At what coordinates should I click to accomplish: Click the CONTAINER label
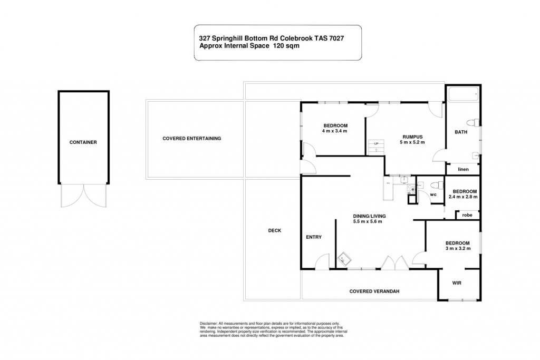pyautogui.click(x=83, y=142)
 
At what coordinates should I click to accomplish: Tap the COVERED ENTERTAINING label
pyautogui.click(x=191, y=138)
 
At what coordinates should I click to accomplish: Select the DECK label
pyautogui.click(x=274, y=230)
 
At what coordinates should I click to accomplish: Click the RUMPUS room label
pyautogui.click(x=412, y=137)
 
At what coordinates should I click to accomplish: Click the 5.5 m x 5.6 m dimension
pyautogui.click(x=368, y=222)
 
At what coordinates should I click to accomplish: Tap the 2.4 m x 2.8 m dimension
pyautogui.click(x=463, y=197)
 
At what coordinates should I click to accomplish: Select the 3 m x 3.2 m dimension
pyautogui.click(x=458, y=248)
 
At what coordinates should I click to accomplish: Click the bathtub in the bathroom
pyautogui.click(x=463, y=94)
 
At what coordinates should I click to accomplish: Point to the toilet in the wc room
pyautogui.click(x=437, y=185)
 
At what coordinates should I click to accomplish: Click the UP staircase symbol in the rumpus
pyautogui.click(x=376, y=147)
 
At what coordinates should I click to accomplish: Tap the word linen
pyautogui.click(x=463, y=169)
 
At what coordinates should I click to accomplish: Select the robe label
pyautogui.click(x=467, y=215)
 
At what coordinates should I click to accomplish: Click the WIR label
pyautogui.click(x=457, y=283)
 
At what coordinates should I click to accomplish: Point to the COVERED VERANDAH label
pyautogui.click(x=374, y=291)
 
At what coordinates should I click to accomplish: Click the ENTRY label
pyautogui.click(x=314, y=237)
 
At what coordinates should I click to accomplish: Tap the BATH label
pyautogui.click(x=461, y=132)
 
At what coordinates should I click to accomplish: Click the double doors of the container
pyautogui.click(x=84, y=196)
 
